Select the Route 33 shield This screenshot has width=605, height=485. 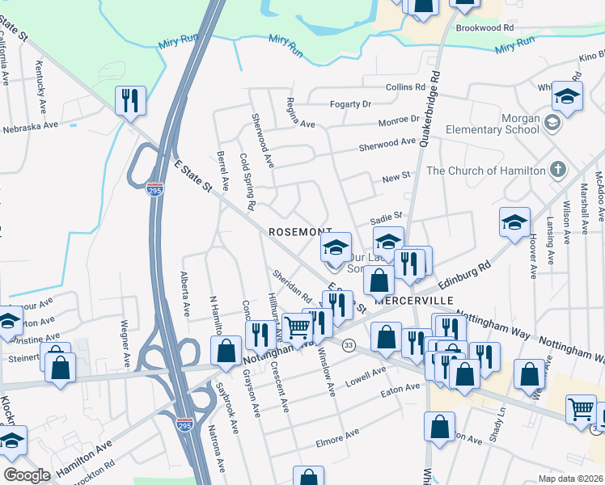[349, 345]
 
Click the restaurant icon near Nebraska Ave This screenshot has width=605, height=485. [129, 101]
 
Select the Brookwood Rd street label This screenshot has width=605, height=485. [484, 27]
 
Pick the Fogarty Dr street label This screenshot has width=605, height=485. [349, 104]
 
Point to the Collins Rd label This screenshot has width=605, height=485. [405, 86]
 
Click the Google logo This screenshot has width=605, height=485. [27, 474]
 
